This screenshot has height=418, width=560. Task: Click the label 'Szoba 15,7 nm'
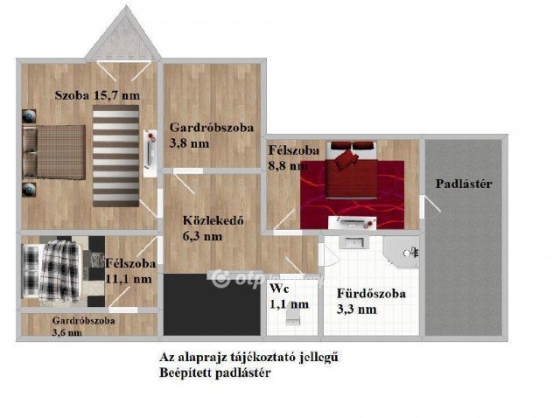pyautogui.click(x=97, y=94)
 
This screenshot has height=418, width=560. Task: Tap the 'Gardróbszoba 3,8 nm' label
pyautogui.click(x=211, y=136)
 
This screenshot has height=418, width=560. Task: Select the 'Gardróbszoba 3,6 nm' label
pyautogui.click(x=83, y=326)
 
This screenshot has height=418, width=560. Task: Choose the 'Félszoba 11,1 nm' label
pyautogui.click(x=130, y=270)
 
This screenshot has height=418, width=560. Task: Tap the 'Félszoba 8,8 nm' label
pyautogui.click(x=288, y=157)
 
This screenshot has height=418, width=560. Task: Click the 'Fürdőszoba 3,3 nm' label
pyautogui.click(x=371, y=301)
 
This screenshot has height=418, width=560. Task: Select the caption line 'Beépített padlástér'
pyautogui.click(x=213, y=373)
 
